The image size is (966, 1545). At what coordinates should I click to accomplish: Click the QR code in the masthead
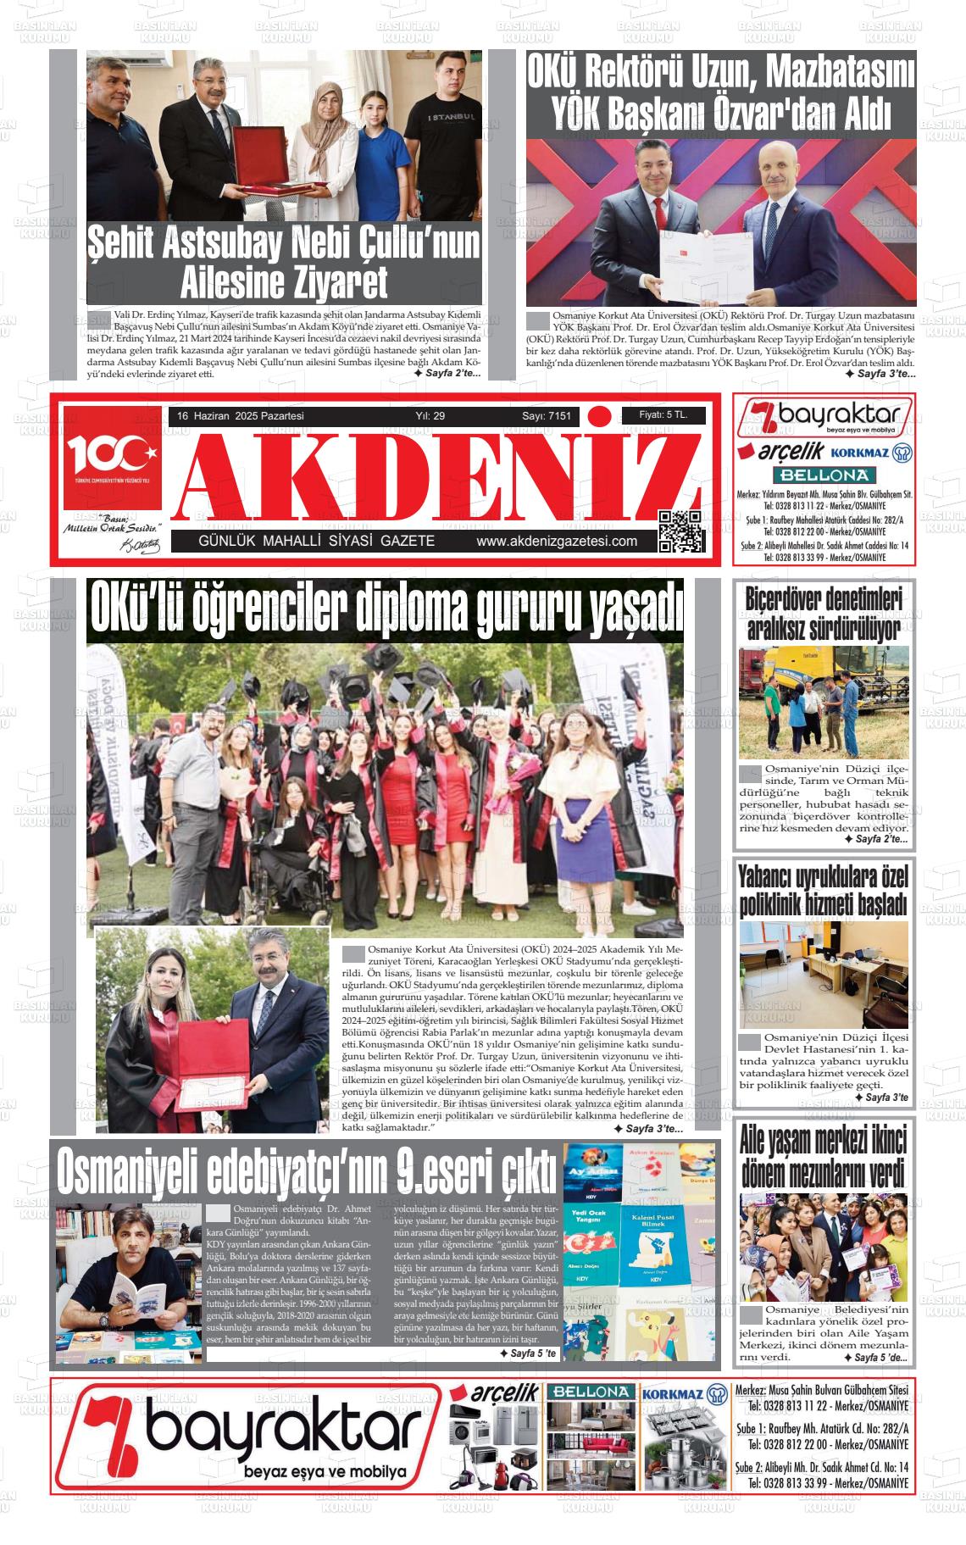click(x=680, y=531)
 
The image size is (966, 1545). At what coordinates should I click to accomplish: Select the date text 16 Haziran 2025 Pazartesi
click(x=241, y=416)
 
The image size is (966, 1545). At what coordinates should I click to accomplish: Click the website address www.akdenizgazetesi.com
click(x=556, y=542)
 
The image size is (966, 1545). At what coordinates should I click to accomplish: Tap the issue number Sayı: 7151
click(x=546, y=416)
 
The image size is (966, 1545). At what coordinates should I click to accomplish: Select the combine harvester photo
click(x=823, y=703)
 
